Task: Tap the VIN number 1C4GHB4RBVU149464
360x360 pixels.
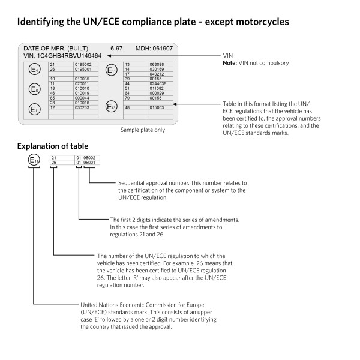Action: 69,55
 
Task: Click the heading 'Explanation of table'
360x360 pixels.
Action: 53,146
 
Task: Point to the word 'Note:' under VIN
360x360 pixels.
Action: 230,63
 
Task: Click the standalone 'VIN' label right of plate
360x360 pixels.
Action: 227,55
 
